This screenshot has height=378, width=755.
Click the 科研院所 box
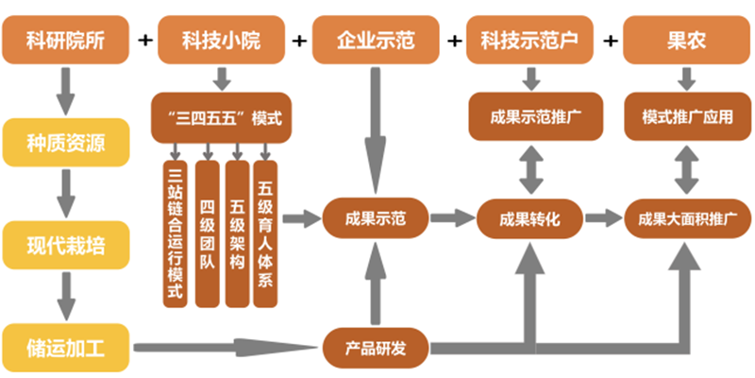65,40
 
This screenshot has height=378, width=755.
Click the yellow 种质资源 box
65,143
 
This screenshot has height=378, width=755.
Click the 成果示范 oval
376,218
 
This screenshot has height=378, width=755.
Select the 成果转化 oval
531,218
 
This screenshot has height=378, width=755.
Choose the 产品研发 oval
376,347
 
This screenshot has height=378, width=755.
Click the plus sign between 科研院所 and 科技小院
144,41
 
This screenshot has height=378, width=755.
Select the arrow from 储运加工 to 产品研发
226,347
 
